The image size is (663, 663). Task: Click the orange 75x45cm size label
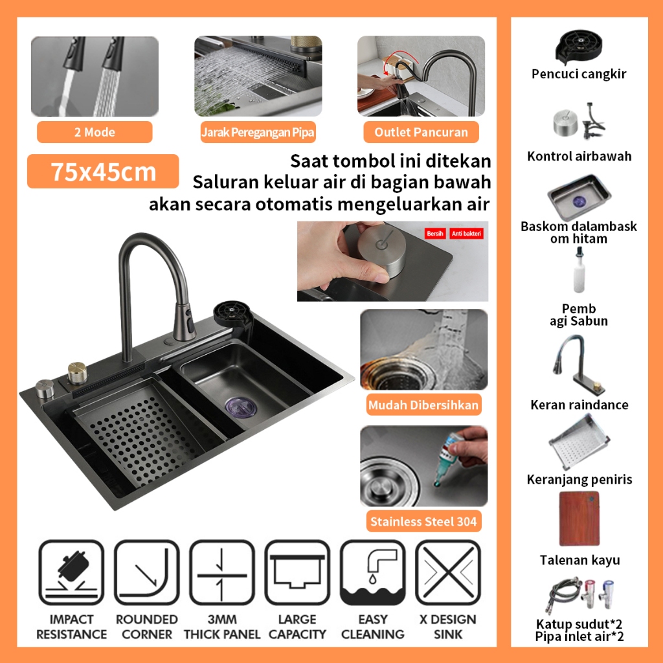tap(103, 172)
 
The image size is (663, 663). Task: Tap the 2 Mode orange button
tap(95, 132)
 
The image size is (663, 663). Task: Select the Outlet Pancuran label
tap(421, 132)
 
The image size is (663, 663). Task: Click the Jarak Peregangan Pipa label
tap(258, 133)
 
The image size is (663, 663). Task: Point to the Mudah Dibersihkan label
tap(423, 406)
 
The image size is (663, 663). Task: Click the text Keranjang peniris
tap(579, 480)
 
